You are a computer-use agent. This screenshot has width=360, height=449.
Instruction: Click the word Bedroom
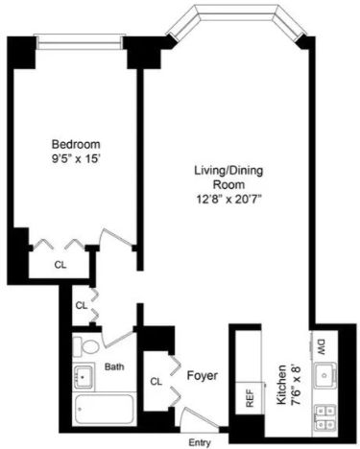tap(76, 144)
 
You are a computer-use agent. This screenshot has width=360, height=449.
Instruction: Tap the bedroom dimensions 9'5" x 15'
tap(76, 159)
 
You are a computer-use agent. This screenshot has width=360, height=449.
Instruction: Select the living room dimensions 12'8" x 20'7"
tap(228, 200)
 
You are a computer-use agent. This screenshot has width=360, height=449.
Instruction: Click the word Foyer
tap(203, 375)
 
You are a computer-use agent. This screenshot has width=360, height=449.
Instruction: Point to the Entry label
tap(200, 442)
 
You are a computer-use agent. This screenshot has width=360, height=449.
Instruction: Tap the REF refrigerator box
tap(250, 398)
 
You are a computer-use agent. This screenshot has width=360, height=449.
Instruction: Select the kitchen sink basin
tap(325, 375)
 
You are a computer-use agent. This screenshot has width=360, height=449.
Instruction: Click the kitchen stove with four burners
tap(325, 416)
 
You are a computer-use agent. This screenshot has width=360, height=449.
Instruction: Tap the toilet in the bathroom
tap(85, 346)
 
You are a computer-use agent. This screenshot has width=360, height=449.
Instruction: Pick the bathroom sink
tap(84, 377)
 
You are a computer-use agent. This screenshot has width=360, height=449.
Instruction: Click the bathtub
tap(104, 409)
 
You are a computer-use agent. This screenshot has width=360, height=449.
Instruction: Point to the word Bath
tap(114, 366)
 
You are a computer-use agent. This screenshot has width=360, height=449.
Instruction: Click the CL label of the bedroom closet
tap(60, 265)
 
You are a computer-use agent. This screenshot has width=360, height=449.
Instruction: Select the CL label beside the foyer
tap(156, 381)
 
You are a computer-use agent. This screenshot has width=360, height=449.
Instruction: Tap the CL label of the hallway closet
tap(82, 305)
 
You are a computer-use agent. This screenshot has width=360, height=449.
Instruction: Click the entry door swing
tap(199, 415)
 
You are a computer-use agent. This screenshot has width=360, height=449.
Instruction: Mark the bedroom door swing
tap(116, 237)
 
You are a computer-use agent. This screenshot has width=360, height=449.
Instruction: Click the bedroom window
tap(80, 42)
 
